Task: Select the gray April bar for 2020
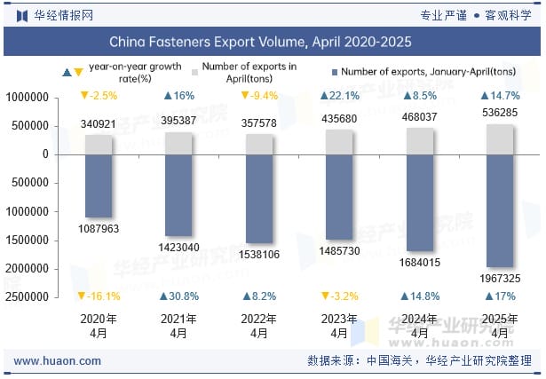[x=99, y=144]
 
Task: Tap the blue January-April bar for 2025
[x=500, y=210]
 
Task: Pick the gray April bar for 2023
[x=339, y=142]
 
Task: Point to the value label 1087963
[x=99, y=229]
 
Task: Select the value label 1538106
[x=259, y=255]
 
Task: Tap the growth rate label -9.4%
[x=258, y=96]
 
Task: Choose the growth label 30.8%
[x=178, y=296]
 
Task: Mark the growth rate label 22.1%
[x=339, y=96]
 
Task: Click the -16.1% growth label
[x=99, y=296]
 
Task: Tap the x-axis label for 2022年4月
[x=259, y=327]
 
